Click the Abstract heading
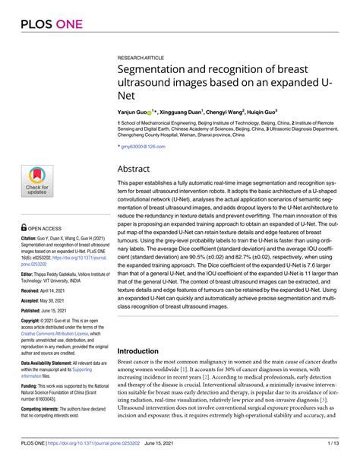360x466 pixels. point(139,169)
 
